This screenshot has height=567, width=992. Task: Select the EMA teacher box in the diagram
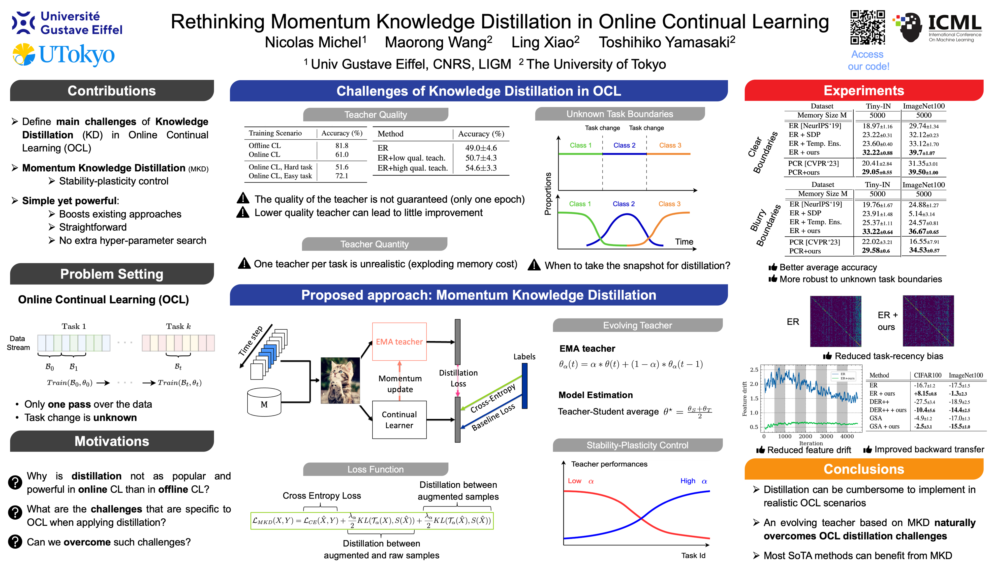coord(399,342)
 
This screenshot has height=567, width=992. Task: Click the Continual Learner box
coord(399,420)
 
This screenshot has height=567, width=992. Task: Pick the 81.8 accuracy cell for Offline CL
coord(341,145)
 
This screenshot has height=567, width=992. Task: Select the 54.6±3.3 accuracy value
coord(481,168)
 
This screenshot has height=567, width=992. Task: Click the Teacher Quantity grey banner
coord(374,244)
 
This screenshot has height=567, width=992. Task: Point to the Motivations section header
coord(112,441)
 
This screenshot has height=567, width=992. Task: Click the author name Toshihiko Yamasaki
coord(667,42)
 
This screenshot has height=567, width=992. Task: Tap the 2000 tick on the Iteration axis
coord(805,436)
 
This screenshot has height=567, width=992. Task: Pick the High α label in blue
coord(693,481)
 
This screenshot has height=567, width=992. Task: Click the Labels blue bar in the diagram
coord(525,385)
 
